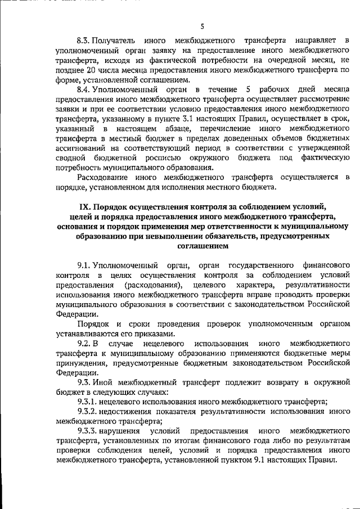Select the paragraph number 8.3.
pyautogui.click(x=84, y=40)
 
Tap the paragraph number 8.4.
pyautogui.click(x=84, y=90)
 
